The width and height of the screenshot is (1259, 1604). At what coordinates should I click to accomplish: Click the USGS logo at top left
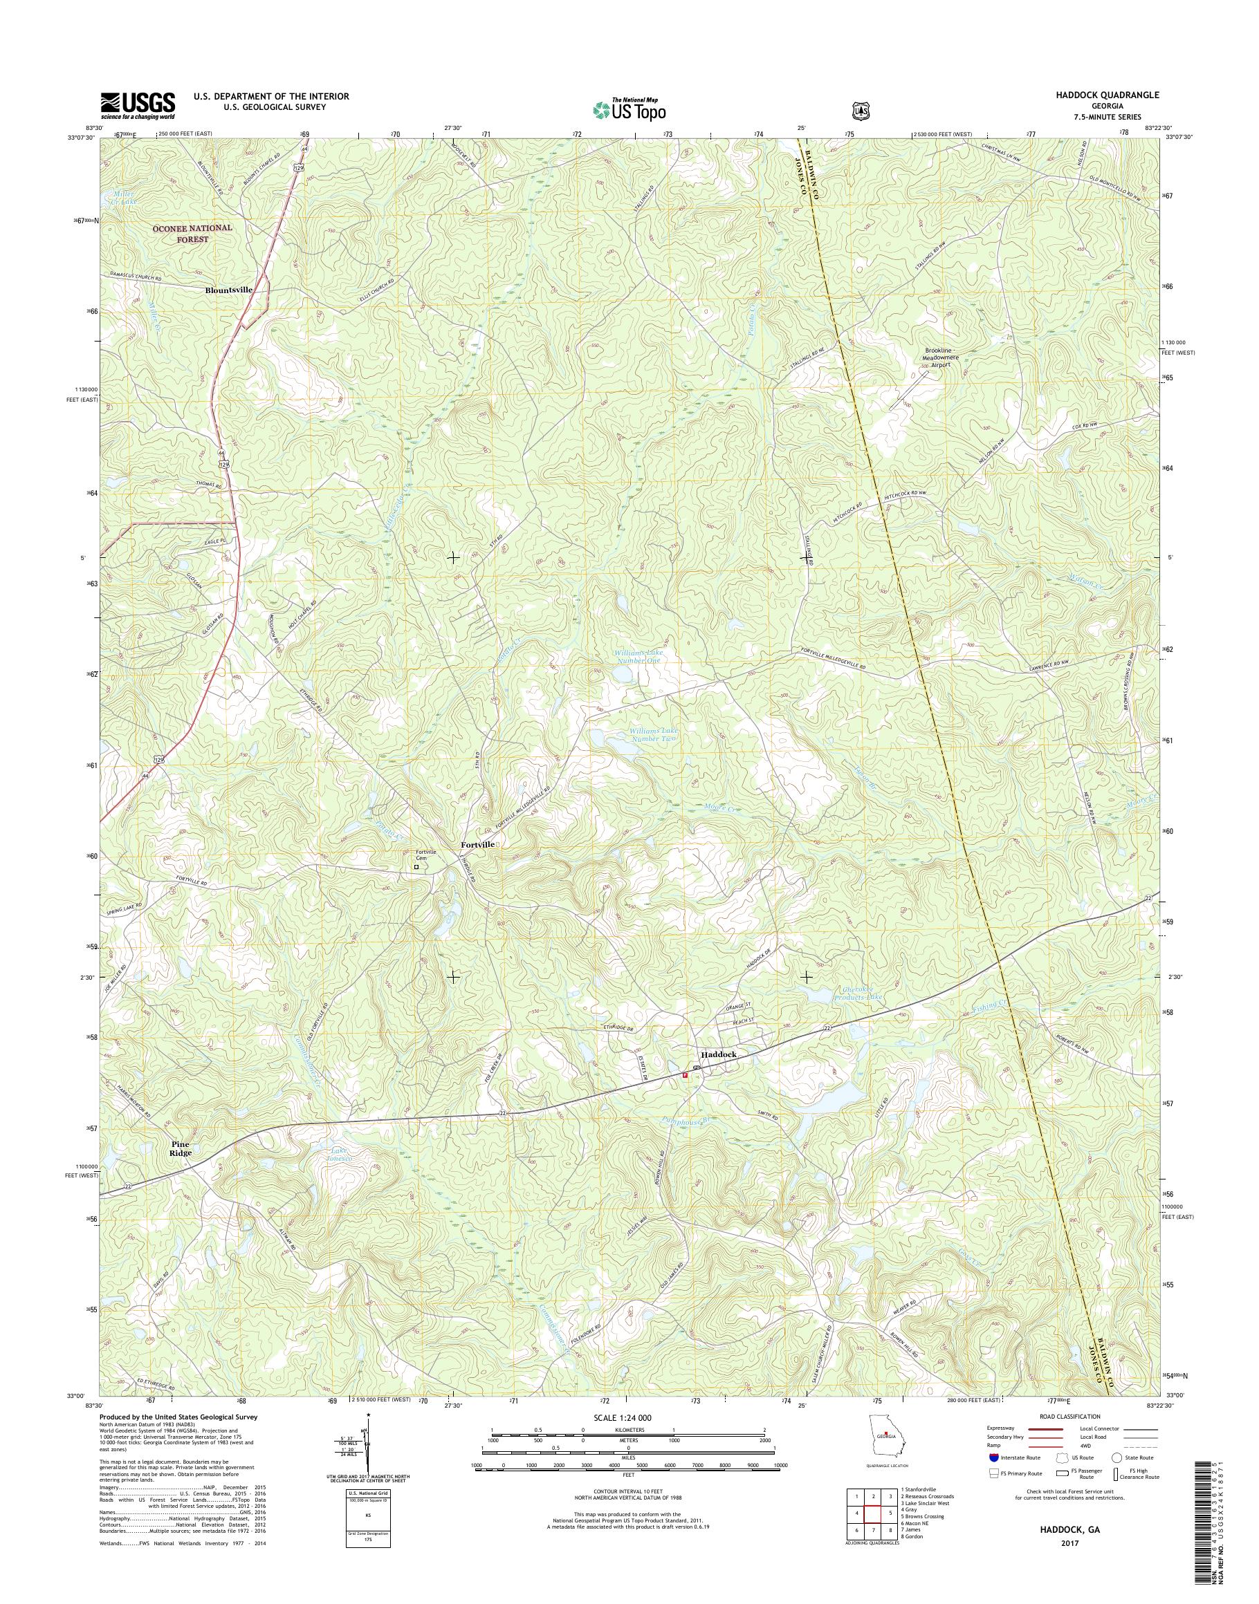[x=138, y=105]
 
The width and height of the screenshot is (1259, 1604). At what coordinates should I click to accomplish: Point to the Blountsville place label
[x=228, y=290]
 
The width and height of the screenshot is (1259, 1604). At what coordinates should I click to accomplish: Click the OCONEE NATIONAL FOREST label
[x=192, y=234]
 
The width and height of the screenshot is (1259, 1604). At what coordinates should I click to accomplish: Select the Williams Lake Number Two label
[x=653, y=734]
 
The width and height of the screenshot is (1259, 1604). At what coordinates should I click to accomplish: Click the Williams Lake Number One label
[x=638, y=658]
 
